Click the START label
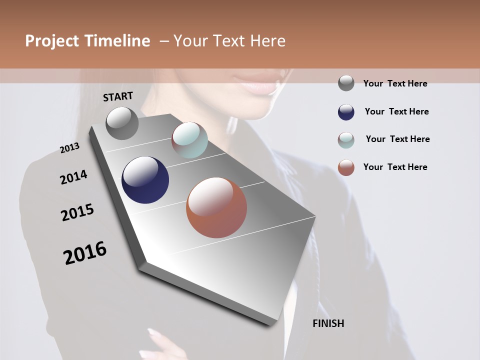pos(118,96)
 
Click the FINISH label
pos(328,323)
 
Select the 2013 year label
pos(70,148)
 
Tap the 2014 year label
pos(73,177)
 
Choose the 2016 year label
pos(85,252)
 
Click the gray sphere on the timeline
pos(122,123)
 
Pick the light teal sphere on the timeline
pos(189,139)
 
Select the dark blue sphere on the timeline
pos(145,180)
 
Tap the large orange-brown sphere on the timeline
pos(216,207)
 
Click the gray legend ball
pos(346,83)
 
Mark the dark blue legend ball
pos(346,112)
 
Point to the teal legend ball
pos(346,140)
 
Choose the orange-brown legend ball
pos(346,167)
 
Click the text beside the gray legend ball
pos(395,83)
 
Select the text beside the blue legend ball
pos(396,111)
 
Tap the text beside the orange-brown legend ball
pos(395,167)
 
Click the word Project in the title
pos(51,41)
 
